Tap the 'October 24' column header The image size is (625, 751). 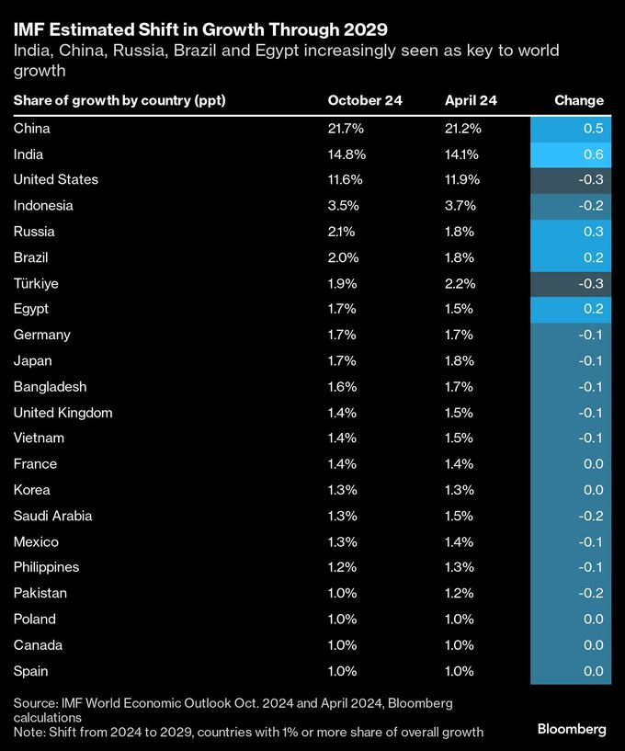click(365, 100)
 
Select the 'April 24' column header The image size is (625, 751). click(471, 100)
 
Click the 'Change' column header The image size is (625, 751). click(579, 100)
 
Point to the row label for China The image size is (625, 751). click(32, 129)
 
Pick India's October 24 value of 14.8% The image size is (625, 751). click(347, 154)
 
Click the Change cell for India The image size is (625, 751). click(571, 154)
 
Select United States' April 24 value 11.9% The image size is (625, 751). click(462, 179)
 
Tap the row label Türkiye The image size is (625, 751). click(36, 283)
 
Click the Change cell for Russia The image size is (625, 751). click(571, 232)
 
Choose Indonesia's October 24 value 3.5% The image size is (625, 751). click(343, 206)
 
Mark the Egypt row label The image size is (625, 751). click(31, 309)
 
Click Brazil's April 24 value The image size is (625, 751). click(459, 257)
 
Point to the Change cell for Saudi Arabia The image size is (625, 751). click(571, 516)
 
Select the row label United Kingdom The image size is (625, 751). click(62, 413)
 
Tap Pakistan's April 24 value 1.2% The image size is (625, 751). click(459, 593)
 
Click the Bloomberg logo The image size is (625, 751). click(572, 729)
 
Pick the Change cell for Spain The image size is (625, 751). click(571, 671)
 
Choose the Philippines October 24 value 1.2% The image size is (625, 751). click(343, 567)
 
